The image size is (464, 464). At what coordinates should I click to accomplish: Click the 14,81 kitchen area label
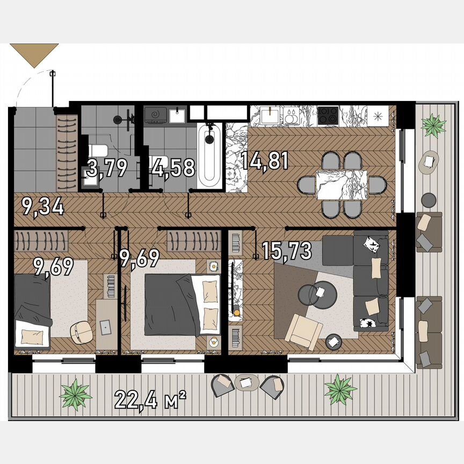click(x=265, y=161)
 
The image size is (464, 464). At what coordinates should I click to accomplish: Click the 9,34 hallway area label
click(x=43, y=206)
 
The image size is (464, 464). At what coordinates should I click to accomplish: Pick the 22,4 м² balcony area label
click(x=150, y=399)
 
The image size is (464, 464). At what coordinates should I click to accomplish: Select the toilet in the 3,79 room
click(x=99, y=153)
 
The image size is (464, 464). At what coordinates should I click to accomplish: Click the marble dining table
click(x=342, y=185)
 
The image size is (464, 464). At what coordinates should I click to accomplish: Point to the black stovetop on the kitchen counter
click(x=327, y=114)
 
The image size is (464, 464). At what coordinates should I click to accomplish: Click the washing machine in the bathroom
click(x=156, y=115)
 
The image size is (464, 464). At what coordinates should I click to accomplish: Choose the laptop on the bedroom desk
click(x=105, y=325)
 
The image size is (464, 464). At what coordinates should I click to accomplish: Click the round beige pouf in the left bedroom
click(x=81, y=331)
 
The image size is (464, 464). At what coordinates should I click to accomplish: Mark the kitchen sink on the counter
click(x=269, y=115)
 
